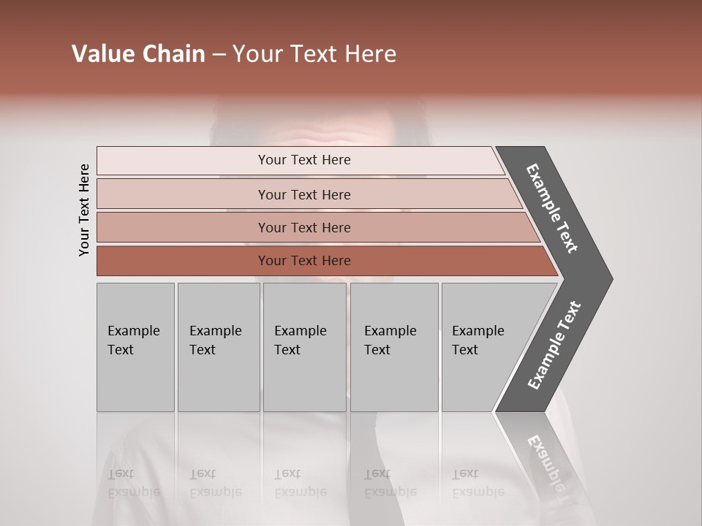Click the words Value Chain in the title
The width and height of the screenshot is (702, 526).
138,54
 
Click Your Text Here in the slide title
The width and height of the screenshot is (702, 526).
314,54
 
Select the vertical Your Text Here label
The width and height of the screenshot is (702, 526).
84,210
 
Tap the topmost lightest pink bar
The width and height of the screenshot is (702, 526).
304,160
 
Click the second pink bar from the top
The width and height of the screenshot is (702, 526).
304,194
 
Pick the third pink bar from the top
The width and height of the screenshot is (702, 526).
304,227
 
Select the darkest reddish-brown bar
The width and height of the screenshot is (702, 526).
304,261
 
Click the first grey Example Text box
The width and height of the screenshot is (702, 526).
135,347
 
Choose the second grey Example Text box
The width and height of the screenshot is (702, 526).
218,347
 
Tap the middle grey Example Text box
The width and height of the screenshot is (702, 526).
304,347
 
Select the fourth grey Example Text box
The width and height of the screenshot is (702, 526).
393,347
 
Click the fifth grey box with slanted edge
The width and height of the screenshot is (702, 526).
483,347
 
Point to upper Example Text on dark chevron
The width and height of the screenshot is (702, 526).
552,208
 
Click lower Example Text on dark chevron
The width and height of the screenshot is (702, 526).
554,346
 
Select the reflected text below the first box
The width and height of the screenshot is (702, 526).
133,483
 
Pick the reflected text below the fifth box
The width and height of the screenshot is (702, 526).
478,483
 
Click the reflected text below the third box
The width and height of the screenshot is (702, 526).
300,483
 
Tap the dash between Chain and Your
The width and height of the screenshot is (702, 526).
219,55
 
